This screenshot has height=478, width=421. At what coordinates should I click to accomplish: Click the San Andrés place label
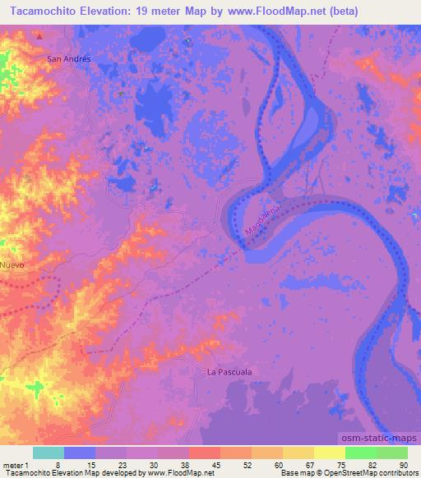(x=67, y=59)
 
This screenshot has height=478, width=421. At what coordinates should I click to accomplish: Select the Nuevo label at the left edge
(x=12, y=265)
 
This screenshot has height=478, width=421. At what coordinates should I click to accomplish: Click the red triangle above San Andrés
(x=39, y=37)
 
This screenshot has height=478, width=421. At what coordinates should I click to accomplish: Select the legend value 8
(x=58, y=465)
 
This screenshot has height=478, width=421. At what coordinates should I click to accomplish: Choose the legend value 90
(x=403, y=465)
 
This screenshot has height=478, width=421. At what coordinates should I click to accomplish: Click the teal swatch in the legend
(x=49, y=453)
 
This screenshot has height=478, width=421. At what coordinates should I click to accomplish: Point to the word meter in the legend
(x=12, y=465)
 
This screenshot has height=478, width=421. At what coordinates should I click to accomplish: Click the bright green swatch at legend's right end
(x=391, y=453)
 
